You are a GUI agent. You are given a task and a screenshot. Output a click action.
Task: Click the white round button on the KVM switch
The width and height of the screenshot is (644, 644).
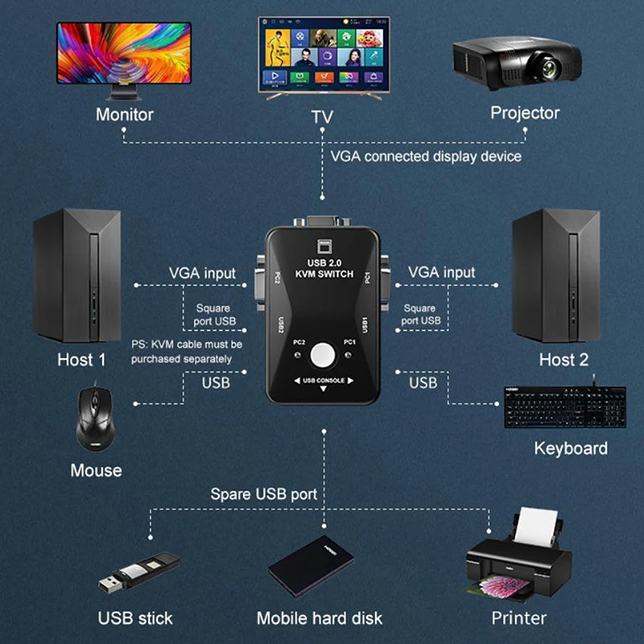coord(324,353)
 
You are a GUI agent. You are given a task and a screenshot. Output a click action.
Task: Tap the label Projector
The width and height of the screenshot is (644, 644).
coord(525,113)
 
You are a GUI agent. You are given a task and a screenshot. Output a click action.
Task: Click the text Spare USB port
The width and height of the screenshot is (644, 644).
coord(263,493)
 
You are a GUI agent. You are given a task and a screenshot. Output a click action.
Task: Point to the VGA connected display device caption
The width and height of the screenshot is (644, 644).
coord(426,156)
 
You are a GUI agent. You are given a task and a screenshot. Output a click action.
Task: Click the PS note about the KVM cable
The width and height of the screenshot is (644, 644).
coord(187,351)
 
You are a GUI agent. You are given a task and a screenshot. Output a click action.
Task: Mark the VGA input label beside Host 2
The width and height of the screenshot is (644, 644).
coord(442,272)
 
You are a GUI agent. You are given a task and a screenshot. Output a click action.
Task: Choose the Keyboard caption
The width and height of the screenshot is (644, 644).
coord(571,448)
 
